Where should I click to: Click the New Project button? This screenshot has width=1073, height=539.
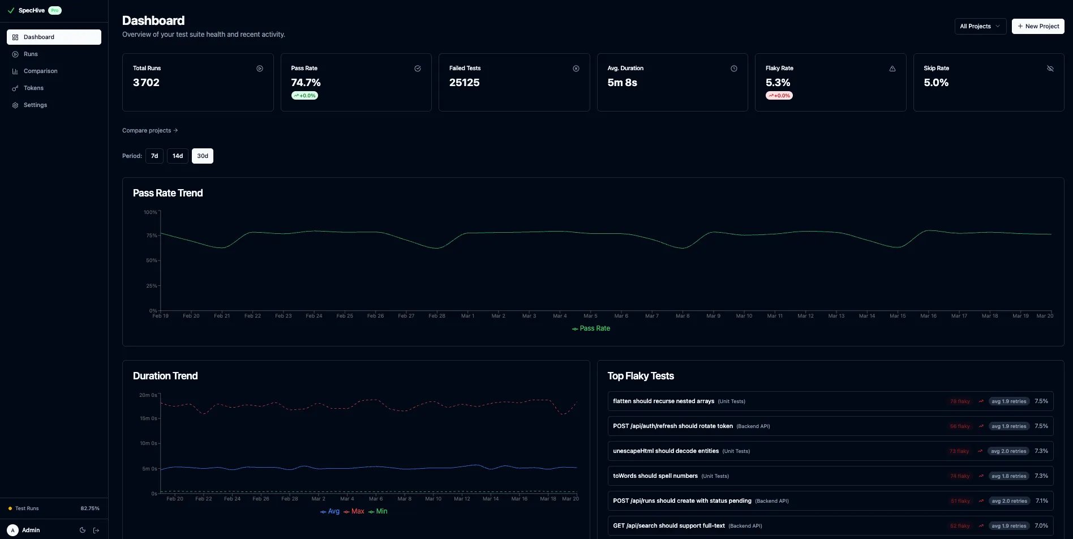pyautogui.click(x=1037, y=26)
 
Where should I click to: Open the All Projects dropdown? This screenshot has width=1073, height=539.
pyautogui.click(x=980, y=26)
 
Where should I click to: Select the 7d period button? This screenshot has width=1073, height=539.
pyautogui.click(x=154, y=156)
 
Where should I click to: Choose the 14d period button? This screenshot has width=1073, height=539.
pyautogui.click(x=178, y=156)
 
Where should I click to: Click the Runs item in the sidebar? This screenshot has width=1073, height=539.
pyautogui.click(x=31, y=54)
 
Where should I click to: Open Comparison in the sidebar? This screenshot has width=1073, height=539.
pyautogui.click(x=40, y=71)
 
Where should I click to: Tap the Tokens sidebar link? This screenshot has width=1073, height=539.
pyautogui.click(x=33, y=88)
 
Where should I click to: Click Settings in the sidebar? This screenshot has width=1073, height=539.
pyautogui.click(x=35, y=105)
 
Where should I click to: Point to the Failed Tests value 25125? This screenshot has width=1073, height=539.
pyautogui.click(x=464, y=83)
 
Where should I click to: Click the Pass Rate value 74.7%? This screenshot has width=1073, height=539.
pyautogui.click(x=306, y=83)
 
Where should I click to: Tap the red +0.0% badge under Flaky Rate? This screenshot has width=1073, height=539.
pyautogui.click(x=779, y=96)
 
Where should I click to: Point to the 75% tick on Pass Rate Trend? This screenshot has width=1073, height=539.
pyautogui.click(x=151, y=236)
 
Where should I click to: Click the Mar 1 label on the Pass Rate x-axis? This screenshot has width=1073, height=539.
pyautogui.click(x=467, y=316)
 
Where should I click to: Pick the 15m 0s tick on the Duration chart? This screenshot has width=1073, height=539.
pyautogui.click(x=148, y=418)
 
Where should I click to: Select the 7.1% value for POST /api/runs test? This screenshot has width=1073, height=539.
pyautogui.click(x=1041, y=501)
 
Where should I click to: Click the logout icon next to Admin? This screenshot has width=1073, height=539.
pyautogui.click(x=96, y=531)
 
